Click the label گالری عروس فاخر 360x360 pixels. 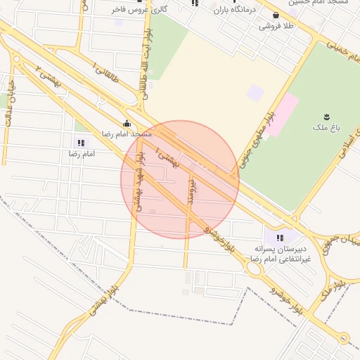pyautogui.click(x=139, y=10)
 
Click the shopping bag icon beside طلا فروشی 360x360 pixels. pyautogui.click(x=275, y=15)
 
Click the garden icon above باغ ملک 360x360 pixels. pyautogui.click(x=326, y=115)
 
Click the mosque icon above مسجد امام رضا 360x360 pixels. pyautogui.click(x=127, y=123)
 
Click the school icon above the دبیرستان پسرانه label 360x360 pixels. pyautogui.click(x=280, y=238)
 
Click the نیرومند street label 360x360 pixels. pyautogui.click(x=191, y=190)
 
